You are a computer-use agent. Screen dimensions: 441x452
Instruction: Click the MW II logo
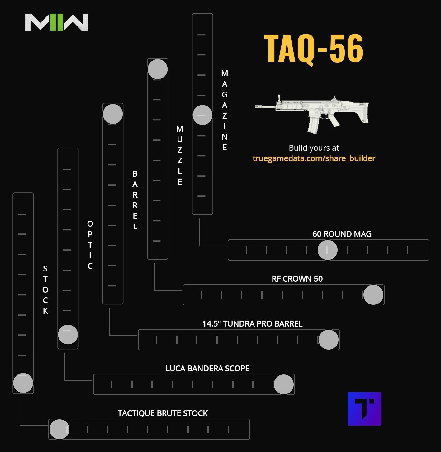coord(57,22)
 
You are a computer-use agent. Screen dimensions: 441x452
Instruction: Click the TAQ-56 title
coord(313,49)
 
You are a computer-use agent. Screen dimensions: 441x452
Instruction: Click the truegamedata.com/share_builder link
coord(314,158)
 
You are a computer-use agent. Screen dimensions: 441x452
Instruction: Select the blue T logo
coord(364,408)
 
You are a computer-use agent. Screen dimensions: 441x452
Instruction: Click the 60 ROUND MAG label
coord(342,234)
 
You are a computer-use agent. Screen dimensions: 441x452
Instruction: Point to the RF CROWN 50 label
coord(297,279)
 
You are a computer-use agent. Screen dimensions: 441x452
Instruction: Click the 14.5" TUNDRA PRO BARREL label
coord(252,324)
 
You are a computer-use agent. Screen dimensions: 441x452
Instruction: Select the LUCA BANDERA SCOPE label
coord(207,369)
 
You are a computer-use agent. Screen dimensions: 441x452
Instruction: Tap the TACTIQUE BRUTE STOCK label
coord(163,413)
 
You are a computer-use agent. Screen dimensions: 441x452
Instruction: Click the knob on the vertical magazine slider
coord(202,115)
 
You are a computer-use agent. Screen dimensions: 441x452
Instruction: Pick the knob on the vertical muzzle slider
coord(158,69)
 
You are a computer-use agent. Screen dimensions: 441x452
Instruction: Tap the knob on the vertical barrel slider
coord(113,114)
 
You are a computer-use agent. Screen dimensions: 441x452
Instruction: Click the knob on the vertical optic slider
coord(68,334)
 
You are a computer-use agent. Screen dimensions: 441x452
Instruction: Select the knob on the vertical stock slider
coord(23,383)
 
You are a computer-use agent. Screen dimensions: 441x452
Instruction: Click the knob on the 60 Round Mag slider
coord(327,250)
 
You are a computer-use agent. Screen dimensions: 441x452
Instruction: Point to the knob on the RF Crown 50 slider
coord(373,295)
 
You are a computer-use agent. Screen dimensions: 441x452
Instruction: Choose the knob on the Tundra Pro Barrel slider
coord(328,340)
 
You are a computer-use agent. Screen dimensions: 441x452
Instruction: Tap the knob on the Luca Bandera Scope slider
coord(283,384)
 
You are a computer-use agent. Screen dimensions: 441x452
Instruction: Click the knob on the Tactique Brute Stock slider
coord(59,429)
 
